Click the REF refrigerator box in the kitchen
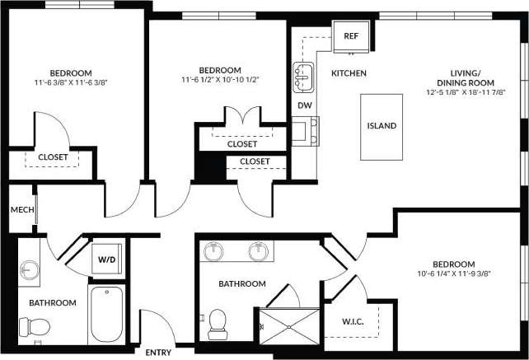tap(351, 36)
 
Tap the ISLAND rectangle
tap(382, 126)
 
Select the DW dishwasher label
tap(304, 105)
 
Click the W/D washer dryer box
tap(107, 259)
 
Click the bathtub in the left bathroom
tap(106, 313)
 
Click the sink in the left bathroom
tap(30, 269)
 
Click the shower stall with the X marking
tap(288, 327)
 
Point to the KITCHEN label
tap(349, 74)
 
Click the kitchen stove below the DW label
tap(304, 131)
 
